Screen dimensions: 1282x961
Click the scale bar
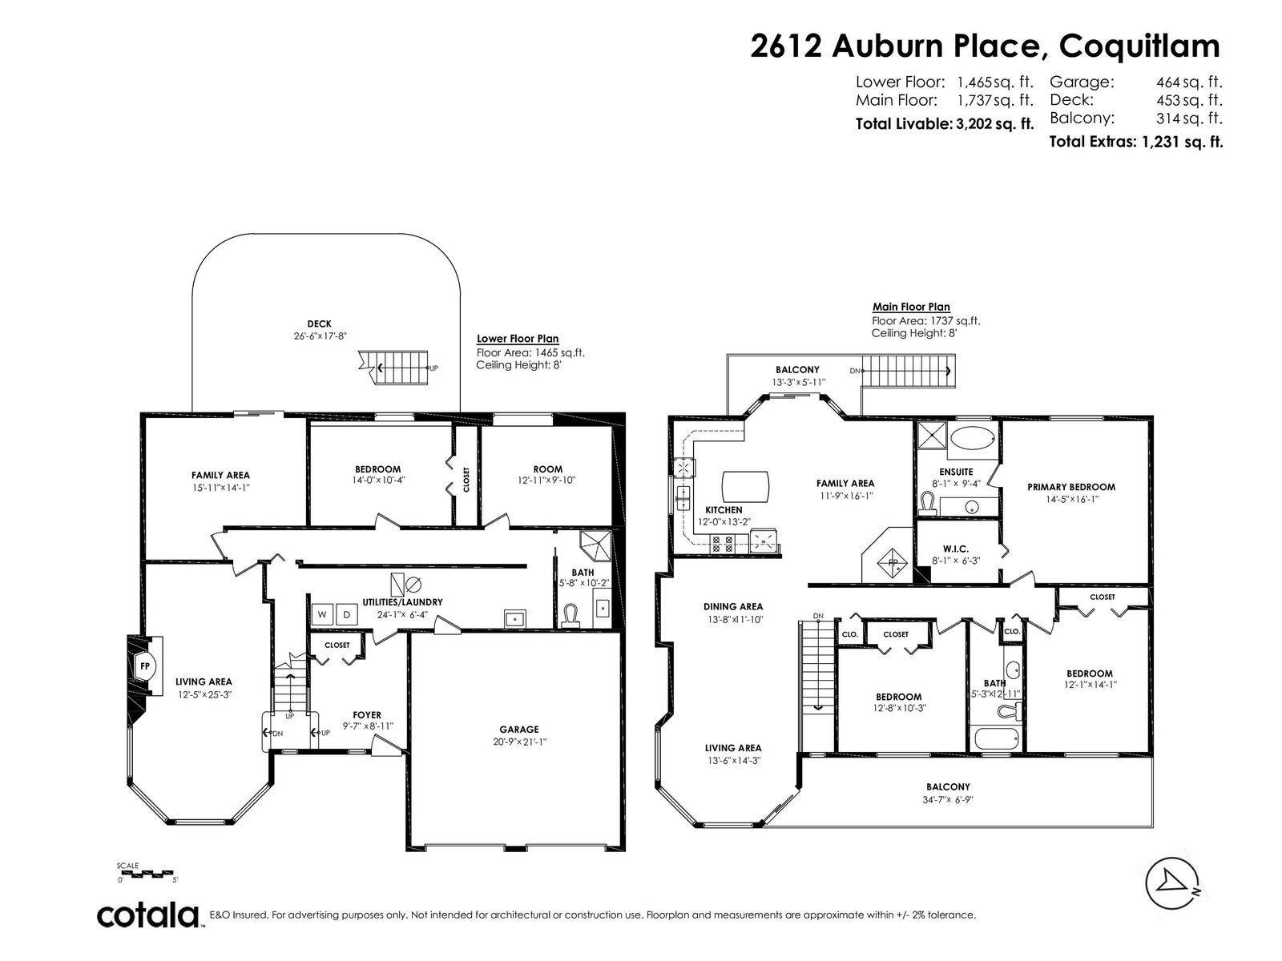(x=147, y=873)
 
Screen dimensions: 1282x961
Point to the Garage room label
(x=518, y=730)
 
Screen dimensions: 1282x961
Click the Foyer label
(x=367, y=715)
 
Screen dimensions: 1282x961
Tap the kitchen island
(x=745, y=487)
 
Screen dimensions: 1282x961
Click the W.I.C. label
(x=956, y=549)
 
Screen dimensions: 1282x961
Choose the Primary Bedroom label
(x=1071, y=487)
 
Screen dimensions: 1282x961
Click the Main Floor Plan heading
(x=911, y=307)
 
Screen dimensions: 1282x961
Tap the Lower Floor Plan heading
(x=518, y=339)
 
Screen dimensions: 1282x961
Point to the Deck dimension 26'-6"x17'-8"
(x=320, y=336)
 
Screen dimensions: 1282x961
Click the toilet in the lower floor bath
(x=570, y=616)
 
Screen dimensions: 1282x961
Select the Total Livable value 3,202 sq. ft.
(x=994, y=123)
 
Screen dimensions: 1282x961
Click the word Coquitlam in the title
(x=1139, y=46)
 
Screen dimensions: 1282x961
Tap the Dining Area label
(x=733, y=607)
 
